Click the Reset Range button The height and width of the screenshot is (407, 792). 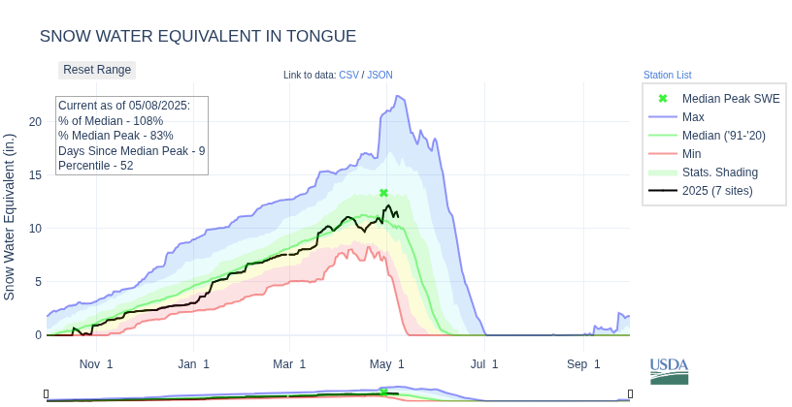coord(97,70)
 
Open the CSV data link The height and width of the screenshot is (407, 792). coord(348,75)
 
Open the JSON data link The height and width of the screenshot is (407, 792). coord(379,75)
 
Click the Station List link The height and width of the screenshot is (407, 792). coord(667,75)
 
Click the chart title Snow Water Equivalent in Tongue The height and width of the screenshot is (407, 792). coord(198,36)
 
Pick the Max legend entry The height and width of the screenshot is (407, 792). coord(693,116)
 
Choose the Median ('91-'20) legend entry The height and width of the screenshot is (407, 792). coord(723,135)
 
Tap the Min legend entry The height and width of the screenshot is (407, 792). coord(692,153)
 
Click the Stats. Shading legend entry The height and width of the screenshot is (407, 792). coord(719,172)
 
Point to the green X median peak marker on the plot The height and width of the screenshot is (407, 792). coord(383,193)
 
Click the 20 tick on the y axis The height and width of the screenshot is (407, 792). coord(35,121)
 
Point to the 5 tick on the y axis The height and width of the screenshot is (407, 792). coord(38,282)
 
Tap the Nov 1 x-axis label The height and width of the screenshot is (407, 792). coord(96,364)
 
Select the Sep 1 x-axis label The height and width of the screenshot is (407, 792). coord(583,364)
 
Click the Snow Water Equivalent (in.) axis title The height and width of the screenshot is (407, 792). coord(10,216)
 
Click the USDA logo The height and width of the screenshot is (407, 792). coord(669,371)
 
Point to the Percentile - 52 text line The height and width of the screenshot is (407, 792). coord(96,166)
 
